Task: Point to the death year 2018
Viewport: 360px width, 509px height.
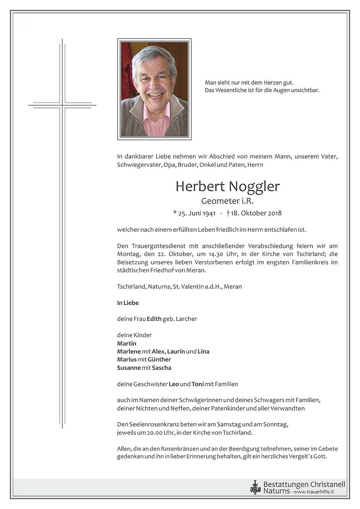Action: [275, 213]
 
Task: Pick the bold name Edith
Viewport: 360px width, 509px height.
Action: [154, 319]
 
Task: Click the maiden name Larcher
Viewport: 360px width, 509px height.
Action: [186, 319]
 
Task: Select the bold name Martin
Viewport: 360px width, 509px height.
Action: [126, 343]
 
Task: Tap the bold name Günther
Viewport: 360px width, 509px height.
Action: [159, 359]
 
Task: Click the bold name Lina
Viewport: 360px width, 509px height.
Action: [203, 351]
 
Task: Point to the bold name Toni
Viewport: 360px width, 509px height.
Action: [198, 384]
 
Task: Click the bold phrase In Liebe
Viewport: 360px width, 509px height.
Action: [128, 303]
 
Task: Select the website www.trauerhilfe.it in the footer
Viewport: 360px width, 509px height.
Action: [314, 492]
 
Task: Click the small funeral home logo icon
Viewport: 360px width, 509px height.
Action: [255, 487]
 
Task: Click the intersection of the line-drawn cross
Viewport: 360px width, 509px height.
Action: [62, 105]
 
